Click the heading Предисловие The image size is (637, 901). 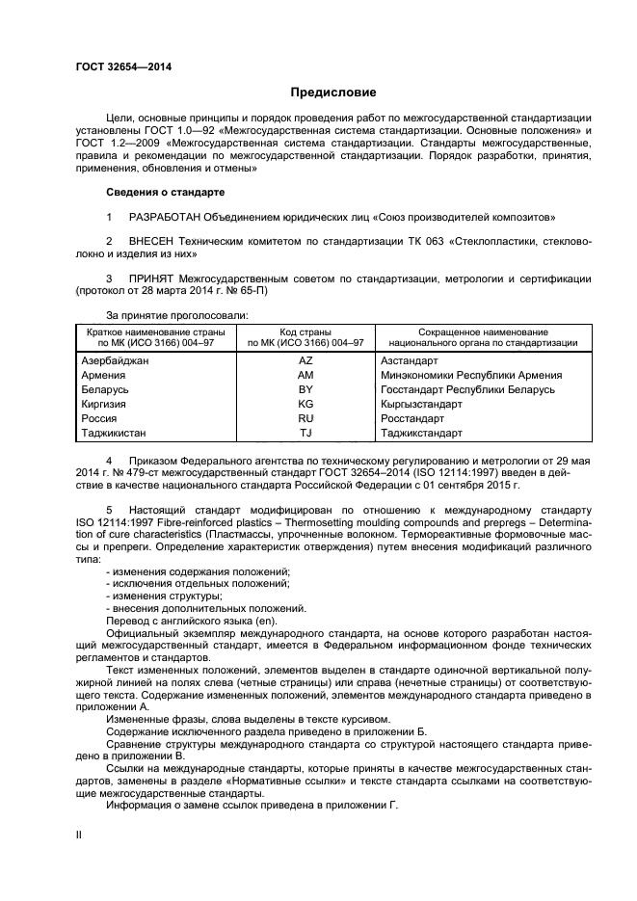pos(333,93)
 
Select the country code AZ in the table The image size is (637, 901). pos(306,360)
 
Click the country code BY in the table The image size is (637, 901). pos(306,389)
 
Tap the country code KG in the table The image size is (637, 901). pos(306,404)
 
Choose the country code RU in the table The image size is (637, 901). pos(306,419)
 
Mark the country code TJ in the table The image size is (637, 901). pos(306,434)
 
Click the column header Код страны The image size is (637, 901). pos(306,331)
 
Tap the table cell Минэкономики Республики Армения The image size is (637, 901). pos(471,375)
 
